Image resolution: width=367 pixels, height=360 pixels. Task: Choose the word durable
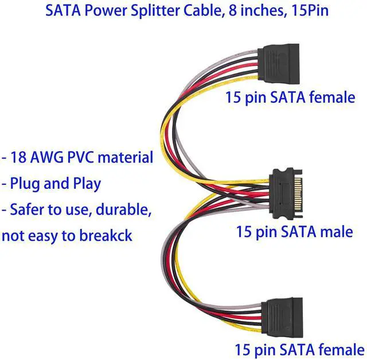coord(124,210)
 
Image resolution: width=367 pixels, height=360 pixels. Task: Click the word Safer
coord(27,210)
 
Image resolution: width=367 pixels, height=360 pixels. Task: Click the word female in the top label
coord(333,97)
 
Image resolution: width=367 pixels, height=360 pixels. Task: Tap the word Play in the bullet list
coord(87,184)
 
